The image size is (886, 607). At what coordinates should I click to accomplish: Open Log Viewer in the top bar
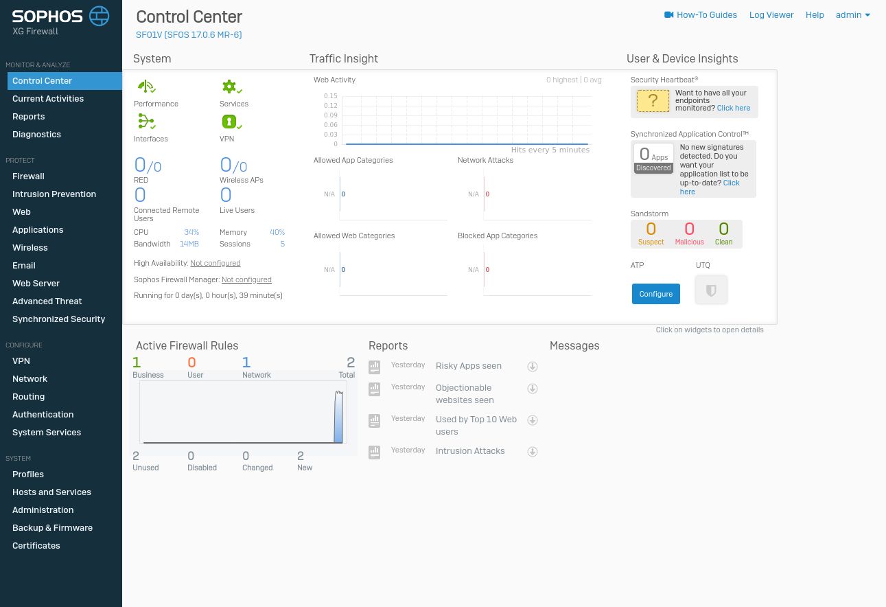(x=771, y=15)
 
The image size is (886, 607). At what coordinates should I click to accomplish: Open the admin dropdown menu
(x=853, y=15)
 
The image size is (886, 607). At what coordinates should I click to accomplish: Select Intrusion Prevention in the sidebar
(x=54, y=194)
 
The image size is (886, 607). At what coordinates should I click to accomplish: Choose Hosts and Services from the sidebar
(x=51, y=492)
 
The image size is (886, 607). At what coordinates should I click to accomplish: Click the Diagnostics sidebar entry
(x=36, y=135)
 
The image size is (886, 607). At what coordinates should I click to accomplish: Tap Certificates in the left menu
(x=36, y=546)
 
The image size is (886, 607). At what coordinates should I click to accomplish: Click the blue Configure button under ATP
(x=655, y=294)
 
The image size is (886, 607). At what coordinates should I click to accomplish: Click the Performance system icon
(x=145, y=87)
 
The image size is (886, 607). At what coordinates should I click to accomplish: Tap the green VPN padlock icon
(x=229, y=122)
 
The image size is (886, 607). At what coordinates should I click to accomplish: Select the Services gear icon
(x=229, y=87)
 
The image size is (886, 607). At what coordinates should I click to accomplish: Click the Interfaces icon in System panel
(x=145, y=122)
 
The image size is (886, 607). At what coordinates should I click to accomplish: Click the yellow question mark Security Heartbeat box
(x=653, y=101)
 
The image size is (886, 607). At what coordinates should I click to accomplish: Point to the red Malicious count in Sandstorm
(x=689, y=229)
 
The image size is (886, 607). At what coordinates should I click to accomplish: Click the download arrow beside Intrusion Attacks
(x=532, y=452)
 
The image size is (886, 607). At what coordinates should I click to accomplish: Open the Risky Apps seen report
(x=468, y=366)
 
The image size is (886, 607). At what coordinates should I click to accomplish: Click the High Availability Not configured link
(x=215, y=263)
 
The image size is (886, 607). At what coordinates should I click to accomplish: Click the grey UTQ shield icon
(x=711, y=290)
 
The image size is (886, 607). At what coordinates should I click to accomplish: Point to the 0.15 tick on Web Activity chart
(x=331, y=96)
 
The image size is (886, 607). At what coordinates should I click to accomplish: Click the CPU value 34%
(x=191, y=233)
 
